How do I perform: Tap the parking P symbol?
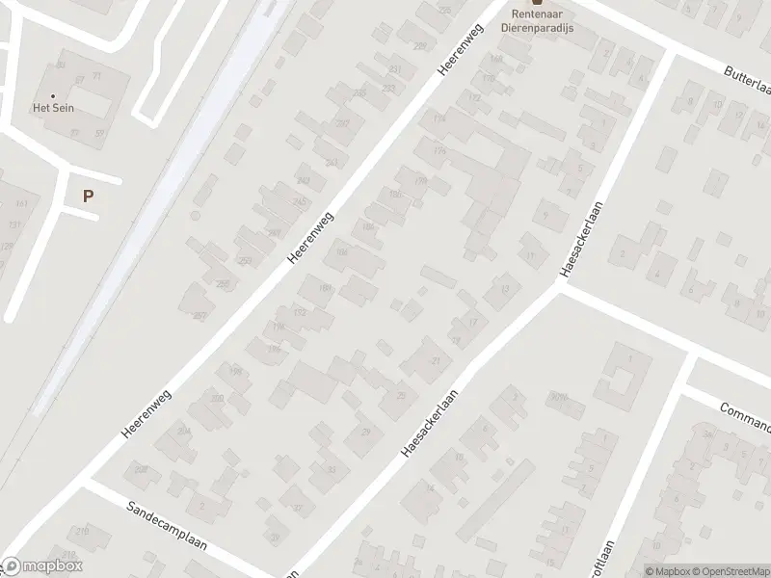pos(88,196)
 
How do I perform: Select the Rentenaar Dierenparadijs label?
pos(537,22)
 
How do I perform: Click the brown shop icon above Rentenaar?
pos(537,3)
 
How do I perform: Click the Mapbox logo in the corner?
pos(42,566)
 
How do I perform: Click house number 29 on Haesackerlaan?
pos(365,432)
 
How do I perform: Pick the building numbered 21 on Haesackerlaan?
pos(437,361)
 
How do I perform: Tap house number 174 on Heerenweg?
pos(439,119)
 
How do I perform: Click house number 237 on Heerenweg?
pos(341,123)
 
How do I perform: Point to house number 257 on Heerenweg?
pos(199,316)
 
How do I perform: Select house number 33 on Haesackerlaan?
pos(332,470)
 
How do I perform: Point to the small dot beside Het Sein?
pos(53,95)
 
